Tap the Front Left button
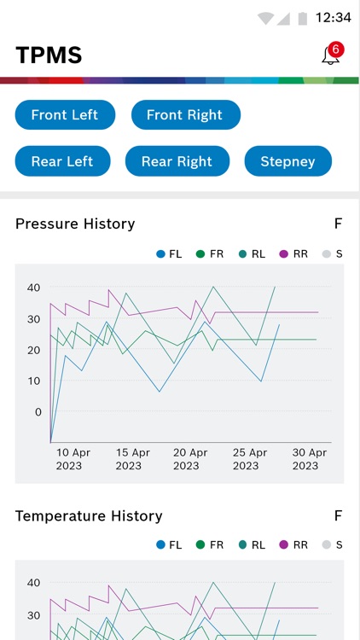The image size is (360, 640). coord(65,114)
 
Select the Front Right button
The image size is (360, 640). coord(185,114)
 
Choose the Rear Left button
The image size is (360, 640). coord(62,161)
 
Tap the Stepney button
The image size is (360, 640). coord(287,161)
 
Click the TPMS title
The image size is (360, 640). coord(49,55)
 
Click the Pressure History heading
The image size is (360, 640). coord(75,224)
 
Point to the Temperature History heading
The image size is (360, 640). coord(89,515)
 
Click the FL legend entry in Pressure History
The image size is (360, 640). coord(170,253)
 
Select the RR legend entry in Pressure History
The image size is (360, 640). coord(294,253)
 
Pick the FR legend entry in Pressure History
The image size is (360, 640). coord(211,253)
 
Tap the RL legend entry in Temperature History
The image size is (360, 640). coord(253,544)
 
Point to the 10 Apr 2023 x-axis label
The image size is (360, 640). coord(73,459)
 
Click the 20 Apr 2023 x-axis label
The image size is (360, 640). coord(190,459)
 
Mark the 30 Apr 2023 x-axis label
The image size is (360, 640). coord(309,459)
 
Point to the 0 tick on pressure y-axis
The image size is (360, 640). coord(38,411)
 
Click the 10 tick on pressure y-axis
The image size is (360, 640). coord(34,381)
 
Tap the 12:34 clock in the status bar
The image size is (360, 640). coord(333,17)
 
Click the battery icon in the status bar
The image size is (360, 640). coord(302,17)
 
